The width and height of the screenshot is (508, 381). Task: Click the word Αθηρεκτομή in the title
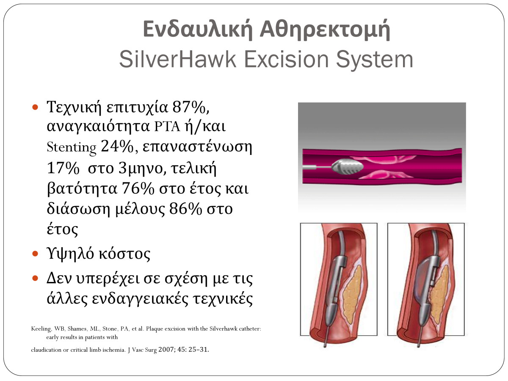[x=325, y=30]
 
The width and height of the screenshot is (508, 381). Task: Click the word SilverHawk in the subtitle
[x=177, y=59]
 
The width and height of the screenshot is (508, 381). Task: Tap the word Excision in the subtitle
[x=286, y=59]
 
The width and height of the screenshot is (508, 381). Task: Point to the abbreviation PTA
[x=167, y=127]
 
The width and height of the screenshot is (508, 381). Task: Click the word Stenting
[x=71, y=147]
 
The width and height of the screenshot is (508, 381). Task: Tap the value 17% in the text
[x=63, y=168]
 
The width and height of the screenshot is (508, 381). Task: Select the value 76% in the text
[x=138, y=188]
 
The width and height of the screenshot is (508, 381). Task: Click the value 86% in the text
[x=185, y=209]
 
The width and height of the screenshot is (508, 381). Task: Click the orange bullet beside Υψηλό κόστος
[x=35, y=254]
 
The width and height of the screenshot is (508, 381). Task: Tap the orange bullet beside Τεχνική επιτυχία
[x=35, y=108]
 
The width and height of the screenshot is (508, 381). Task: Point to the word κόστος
[x=124, y=254]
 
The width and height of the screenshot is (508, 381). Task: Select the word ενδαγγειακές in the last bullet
[x=140, y=298]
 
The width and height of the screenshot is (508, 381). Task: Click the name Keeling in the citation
[x=41, y=329]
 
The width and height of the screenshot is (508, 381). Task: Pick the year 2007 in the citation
[x=166, y=349]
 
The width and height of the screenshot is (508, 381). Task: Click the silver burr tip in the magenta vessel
[x=347, y=166]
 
